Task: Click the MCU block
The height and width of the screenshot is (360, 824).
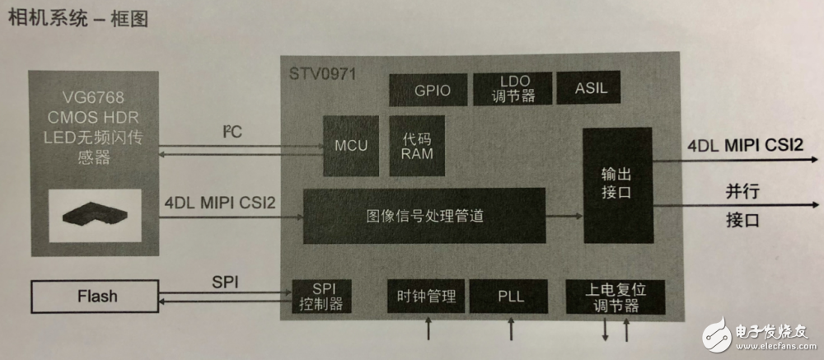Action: click(351, 145)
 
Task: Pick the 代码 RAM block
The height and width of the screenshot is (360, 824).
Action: click(417, 145)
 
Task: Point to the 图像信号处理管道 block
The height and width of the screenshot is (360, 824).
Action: click(424, 216)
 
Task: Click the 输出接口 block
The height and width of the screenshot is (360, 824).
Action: click(618, 185)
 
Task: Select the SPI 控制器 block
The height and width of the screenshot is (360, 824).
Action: click(317, 297)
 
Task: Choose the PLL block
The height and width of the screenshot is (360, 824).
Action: click(511, 296)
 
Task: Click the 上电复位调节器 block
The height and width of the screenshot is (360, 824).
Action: click(615, 296)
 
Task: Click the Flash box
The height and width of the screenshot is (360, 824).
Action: click(97, 295)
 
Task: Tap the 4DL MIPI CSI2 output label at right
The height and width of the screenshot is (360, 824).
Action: click(746, 145)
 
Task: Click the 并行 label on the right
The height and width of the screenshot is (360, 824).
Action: click(742, 189)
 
